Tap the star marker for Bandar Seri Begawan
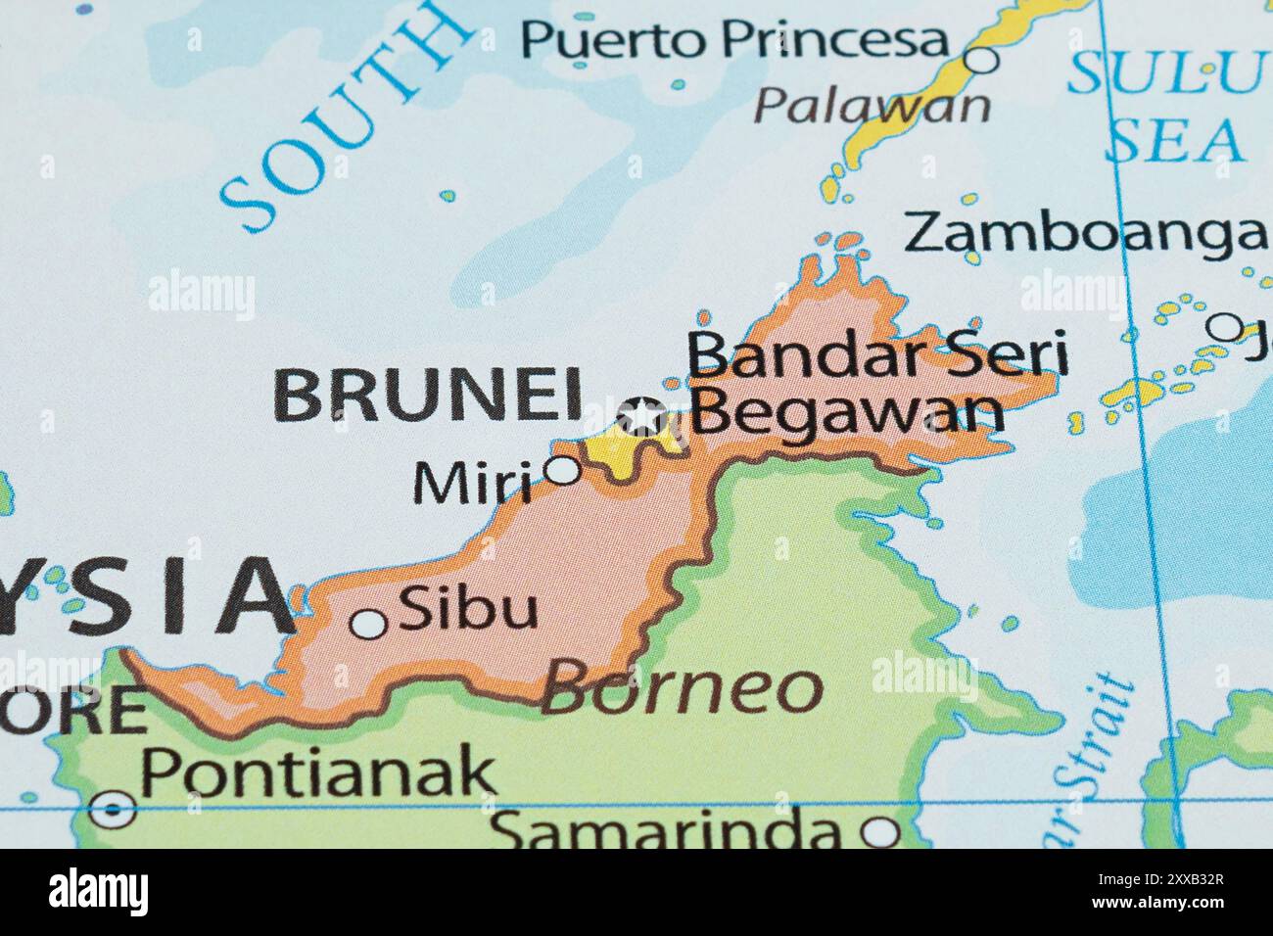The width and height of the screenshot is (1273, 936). click(x=642, y=416)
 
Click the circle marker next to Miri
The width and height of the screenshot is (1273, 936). click(x=562, y=470)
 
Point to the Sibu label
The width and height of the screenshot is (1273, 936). click(x=469, y=609)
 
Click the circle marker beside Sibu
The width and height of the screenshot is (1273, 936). click(x=368, y=623)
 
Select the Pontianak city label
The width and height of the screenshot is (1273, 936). click(x=319, y=772)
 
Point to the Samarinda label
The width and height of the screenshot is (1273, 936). click(x=666, y=832)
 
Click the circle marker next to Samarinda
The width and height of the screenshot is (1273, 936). click(x=879, y=832)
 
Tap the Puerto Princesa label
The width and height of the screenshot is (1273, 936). click(x=735, y=40)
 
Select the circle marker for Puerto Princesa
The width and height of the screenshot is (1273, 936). click(x=981, y=60)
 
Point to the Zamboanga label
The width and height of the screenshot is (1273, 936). click(x=1083, y=233)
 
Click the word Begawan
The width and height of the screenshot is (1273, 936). click(x=848, y=412)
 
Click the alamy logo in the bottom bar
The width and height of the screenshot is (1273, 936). click(x=98, y=891)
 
